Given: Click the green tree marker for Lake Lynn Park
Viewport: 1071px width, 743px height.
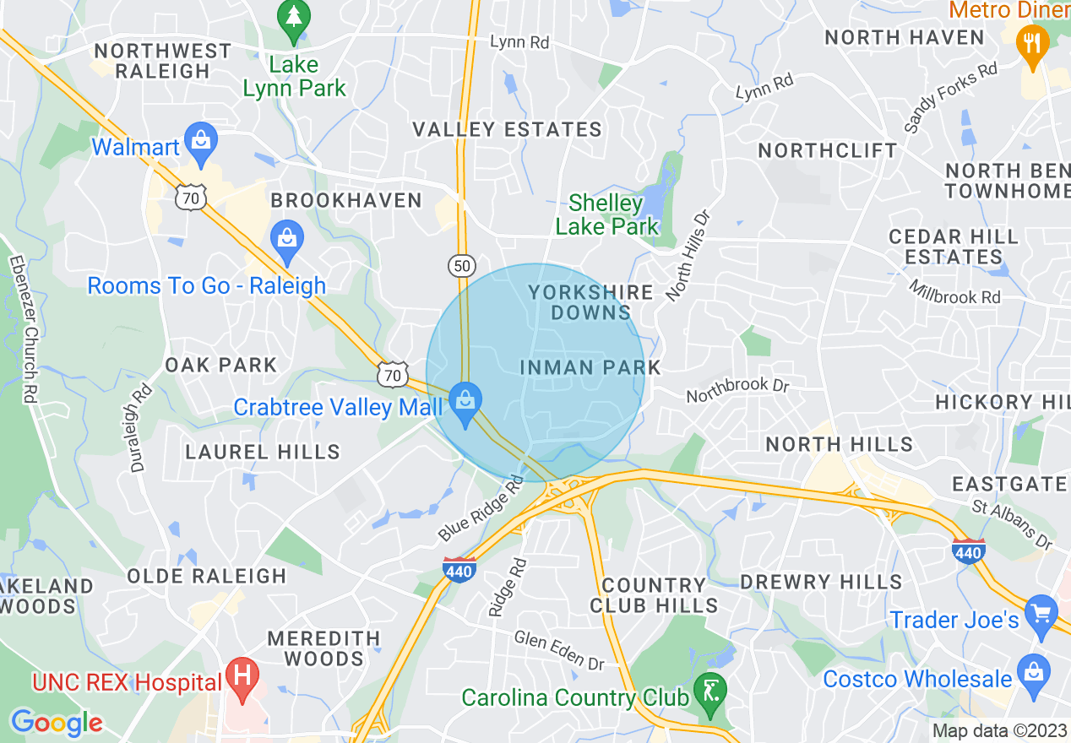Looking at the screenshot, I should click(x=294, y=19).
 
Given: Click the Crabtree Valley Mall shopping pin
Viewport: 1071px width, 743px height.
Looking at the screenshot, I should click(x=464, y=403).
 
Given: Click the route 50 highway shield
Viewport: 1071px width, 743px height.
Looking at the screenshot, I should click(x=460, y=265).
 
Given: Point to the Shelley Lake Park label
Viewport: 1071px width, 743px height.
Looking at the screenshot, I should click(x=613, y=214).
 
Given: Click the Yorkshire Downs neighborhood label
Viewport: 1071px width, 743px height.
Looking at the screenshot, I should click(x=590, y=302).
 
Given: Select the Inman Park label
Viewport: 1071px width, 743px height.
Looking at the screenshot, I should click(x=590, y=367).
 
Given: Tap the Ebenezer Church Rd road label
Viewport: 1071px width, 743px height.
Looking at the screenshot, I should click(x=23, y=329).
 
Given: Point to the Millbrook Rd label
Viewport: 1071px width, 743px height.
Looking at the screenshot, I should click(x=955, y=292).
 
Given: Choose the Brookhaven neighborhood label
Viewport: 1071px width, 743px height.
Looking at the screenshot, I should click(x=346, y=200).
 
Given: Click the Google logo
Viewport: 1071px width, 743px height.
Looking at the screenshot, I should click(x=57, y=723).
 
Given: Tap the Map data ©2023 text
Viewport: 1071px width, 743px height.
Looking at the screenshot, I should click(x=998, y=730).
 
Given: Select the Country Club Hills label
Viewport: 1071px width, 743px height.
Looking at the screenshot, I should click(x=654, y=594).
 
